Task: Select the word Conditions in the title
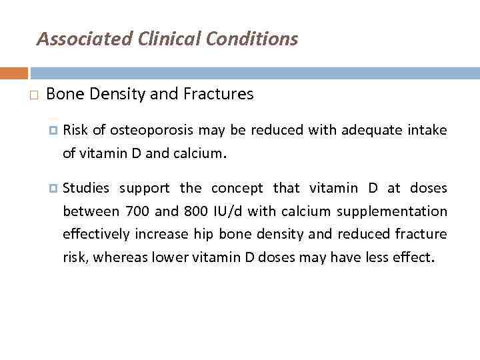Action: [252, 39]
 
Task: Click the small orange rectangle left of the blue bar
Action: [14, 73]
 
